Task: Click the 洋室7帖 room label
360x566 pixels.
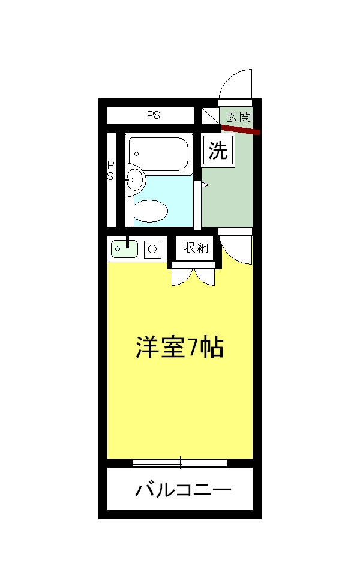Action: click(x=180, y=347)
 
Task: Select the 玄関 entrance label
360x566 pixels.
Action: click(x=239, y=116)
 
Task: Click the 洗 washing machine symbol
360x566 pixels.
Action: click(x=218, y=151)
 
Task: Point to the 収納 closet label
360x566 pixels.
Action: click(x=196, y=247)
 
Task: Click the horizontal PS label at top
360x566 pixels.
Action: click(x=154, y=115)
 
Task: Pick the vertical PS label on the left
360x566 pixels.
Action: click(x=110, y=170)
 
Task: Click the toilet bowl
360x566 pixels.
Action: click(x=150, y=211)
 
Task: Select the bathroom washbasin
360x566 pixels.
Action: click(x=134, y=179)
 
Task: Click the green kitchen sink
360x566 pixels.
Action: click(x=124, y=248)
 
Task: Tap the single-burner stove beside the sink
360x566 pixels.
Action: click(x=152, y=248)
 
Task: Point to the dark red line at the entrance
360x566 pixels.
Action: click(x=240, y=129)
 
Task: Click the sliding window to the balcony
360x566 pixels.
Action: click(x=180, y=463)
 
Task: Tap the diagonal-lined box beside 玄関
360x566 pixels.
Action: click(x=210, y=116)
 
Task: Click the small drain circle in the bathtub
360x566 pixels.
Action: click(x=137, y=154)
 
